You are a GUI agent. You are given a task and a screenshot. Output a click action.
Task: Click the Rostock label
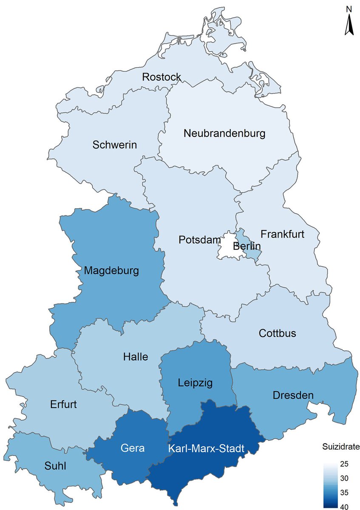162,77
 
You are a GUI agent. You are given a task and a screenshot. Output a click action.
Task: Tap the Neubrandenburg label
224,133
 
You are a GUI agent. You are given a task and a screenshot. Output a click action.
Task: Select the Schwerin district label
115,145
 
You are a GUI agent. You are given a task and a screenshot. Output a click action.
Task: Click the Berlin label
247,246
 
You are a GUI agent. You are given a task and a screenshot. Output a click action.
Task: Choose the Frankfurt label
283,234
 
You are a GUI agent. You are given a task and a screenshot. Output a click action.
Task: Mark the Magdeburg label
111,270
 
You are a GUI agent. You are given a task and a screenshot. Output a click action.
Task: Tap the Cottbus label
277,333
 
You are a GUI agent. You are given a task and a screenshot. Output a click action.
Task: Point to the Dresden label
292,396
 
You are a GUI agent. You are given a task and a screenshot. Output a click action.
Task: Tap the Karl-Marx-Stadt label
206,449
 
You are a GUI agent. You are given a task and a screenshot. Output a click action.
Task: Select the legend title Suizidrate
340,447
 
